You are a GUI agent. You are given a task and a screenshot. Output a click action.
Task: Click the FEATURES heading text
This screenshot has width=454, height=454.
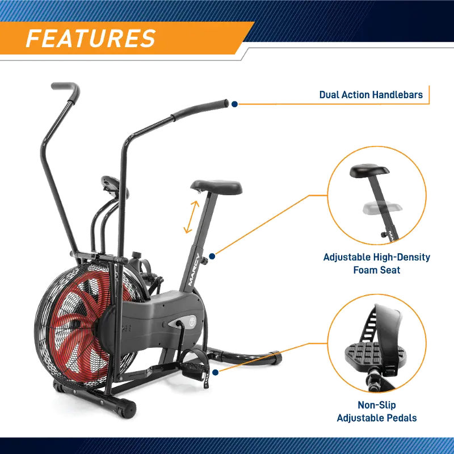pos(91,38)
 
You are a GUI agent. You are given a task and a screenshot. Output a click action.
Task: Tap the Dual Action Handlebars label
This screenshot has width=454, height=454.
pos(371,95)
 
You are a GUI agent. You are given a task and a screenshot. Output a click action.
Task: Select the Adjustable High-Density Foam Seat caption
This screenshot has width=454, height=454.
pos(377,263)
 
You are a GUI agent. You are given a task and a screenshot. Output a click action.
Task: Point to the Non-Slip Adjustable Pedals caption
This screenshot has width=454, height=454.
pos(377,411)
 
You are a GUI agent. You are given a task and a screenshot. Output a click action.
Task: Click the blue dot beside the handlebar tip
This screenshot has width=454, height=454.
pos(234,104)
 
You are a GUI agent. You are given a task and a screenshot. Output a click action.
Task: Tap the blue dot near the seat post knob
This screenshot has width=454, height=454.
pos(212,256)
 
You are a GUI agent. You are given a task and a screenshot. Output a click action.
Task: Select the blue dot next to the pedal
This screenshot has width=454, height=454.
pos(215,372)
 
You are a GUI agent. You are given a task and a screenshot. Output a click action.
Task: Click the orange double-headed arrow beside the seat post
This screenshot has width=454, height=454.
pos(192,217)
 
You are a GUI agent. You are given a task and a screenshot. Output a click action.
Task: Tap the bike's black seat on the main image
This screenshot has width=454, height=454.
pos(216,187)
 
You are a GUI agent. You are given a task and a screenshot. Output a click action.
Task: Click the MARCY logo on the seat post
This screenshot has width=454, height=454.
pos(193,269)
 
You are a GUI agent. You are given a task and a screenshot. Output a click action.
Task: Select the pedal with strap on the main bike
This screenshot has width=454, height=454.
pos(194,368)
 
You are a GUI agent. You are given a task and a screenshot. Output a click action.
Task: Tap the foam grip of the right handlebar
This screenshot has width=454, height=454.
pos(200,110)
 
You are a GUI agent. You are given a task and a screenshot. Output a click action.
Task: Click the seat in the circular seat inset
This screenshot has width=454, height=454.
pos(369,171)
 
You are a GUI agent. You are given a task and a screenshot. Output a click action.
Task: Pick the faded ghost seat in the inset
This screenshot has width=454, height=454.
pos(382,208)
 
